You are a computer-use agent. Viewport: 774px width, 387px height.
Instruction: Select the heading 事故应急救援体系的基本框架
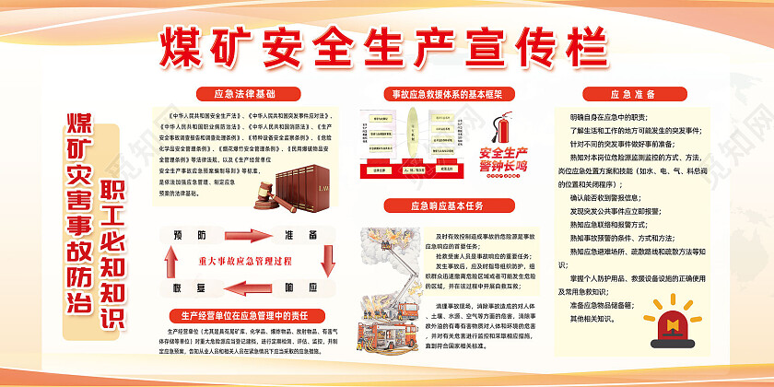pyautogui.click(x=446, y=93)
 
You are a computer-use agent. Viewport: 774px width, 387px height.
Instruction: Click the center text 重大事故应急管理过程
pyautogui.click(x=244, y=260)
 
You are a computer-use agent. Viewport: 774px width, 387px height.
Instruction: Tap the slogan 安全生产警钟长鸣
pyautogui.click(x=502, y=158)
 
